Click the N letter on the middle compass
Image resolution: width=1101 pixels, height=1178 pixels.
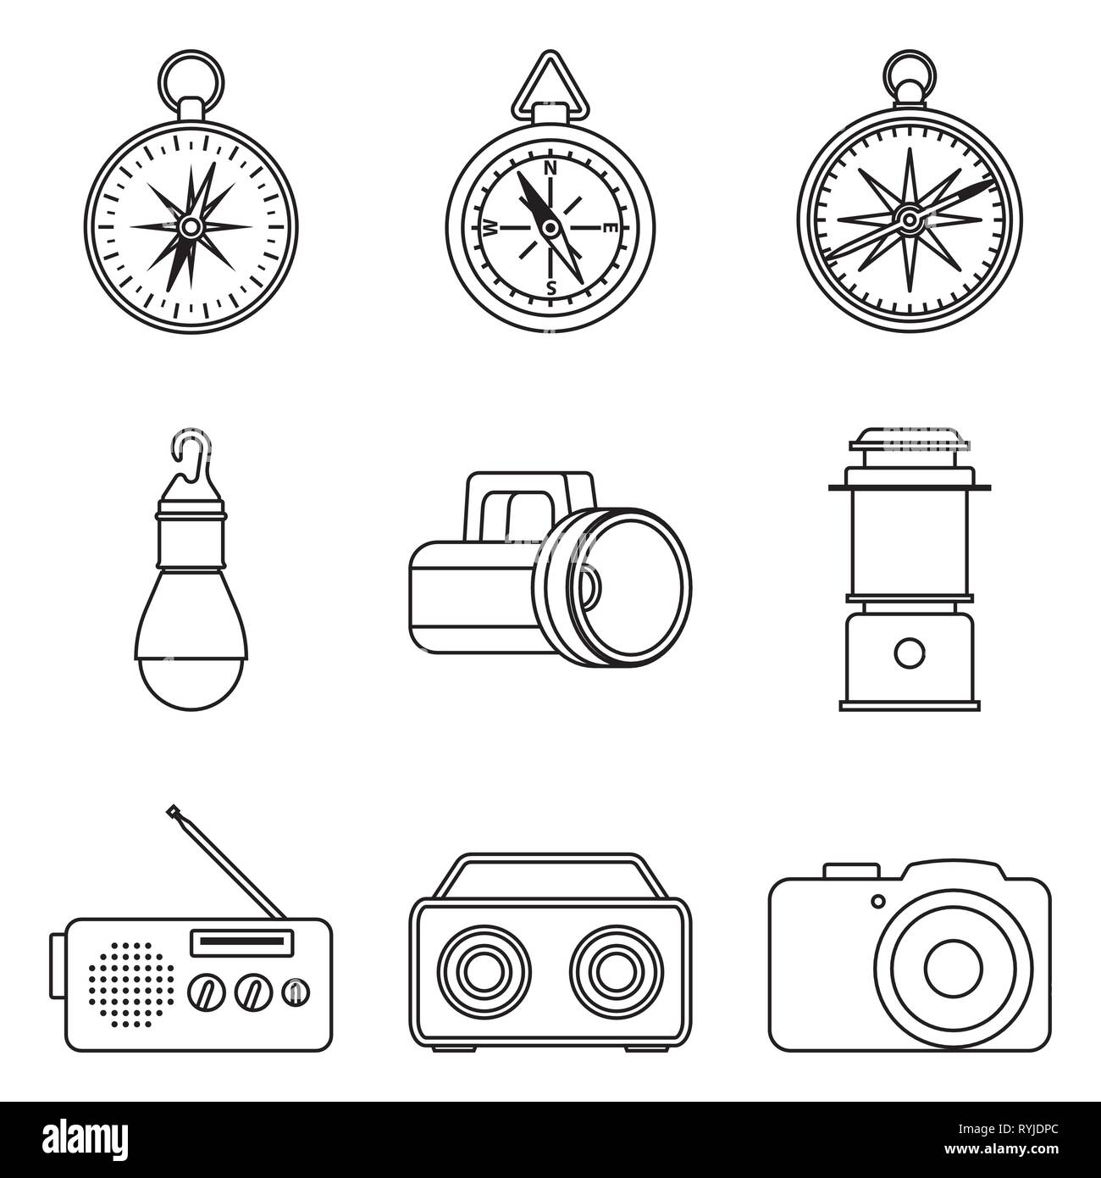(x=550, y=168)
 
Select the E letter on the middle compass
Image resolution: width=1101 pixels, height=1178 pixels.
(x=609, y=227)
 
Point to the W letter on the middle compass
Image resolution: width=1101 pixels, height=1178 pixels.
(x=490, y=228)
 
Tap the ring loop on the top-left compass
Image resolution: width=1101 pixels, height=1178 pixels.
(x=191, y=75)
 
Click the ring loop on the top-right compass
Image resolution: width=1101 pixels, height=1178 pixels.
(x=909, y=74)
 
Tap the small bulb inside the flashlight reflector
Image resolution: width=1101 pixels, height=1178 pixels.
(x=591, y=585)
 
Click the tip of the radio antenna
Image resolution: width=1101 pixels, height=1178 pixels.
(x=173, y=811)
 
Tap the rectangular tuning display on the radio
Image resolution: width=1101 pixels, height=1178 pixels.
(x=243, y=942)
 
